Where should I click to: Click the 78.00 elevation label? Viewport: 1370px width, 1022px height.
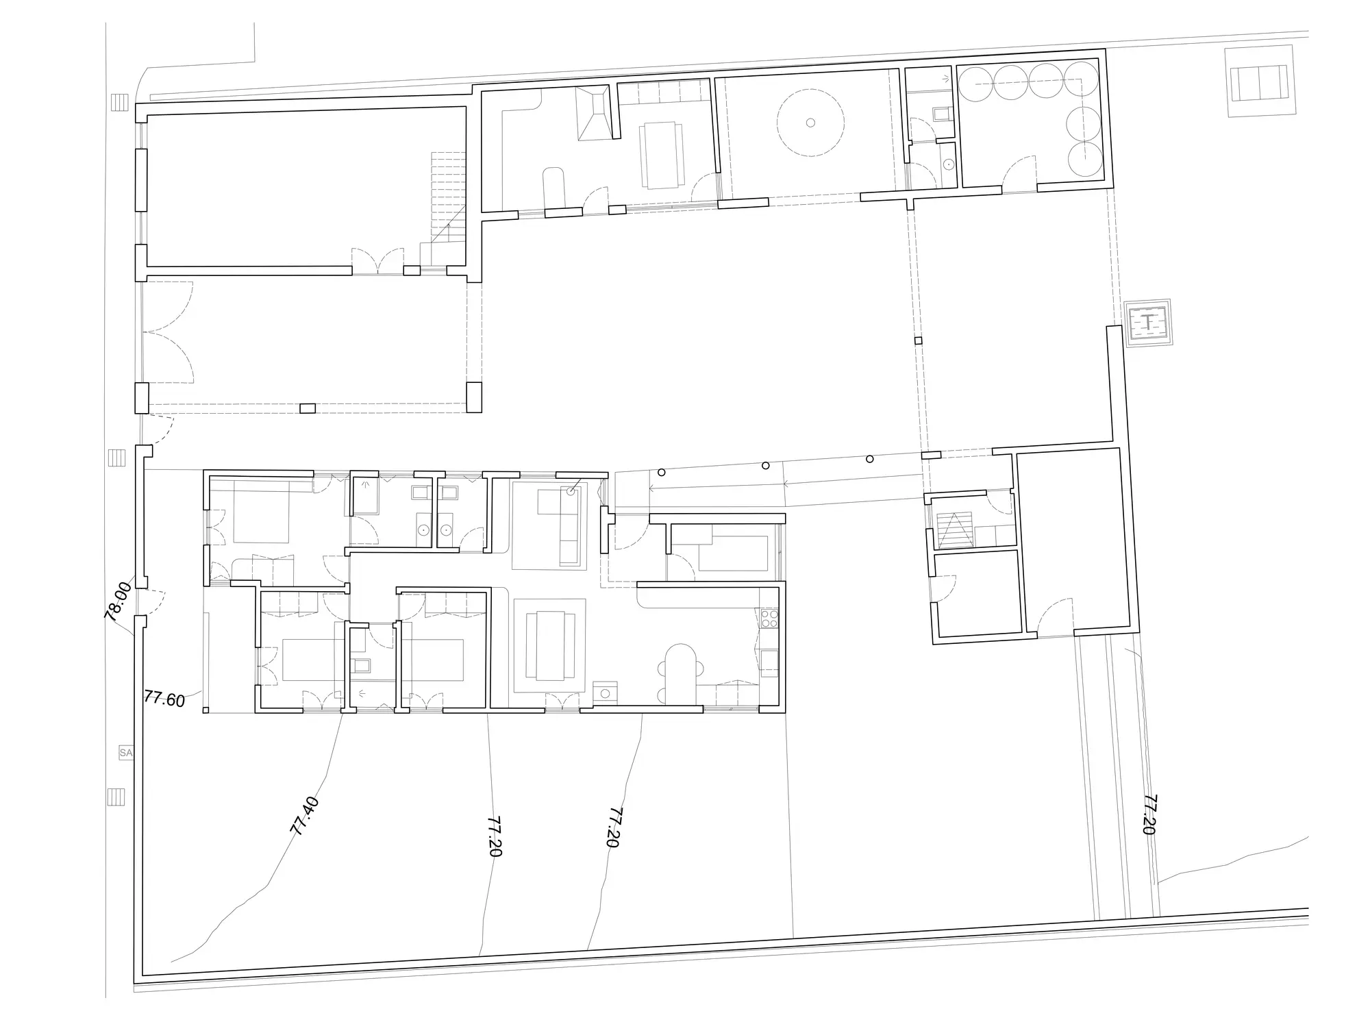point(119,601)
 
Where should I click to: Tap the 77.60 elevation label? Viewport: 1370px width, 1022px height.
point(164,699)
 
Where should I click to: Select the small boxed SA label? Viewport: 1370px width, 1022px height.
point(125,753)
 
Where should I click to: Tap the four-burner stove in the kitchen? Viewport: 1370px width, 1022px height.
point(769,619)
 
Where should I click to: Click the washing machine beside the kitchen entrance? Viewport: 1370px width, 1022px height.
point(605,693)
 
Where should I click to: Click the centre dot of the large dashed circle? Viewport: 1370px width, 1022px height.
point(810,123)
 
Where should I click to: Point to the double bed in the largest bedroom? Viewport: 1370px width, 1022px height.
point(262,512)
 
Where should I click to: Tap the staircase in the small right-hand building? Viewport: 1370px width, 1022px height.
point(954,531)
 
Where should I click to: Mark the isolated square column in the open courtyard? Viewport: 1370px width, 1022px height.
point(919,340)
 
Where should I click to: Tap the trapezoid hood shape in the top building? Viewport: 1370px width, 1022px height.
point(593,114)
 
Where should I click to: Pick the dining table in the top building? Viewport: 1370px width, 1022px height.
point(662,155)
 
